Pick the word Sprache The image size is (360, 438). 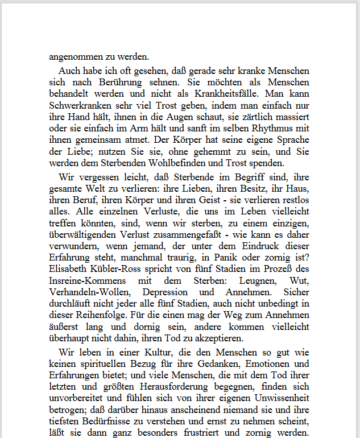[291, 141]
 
